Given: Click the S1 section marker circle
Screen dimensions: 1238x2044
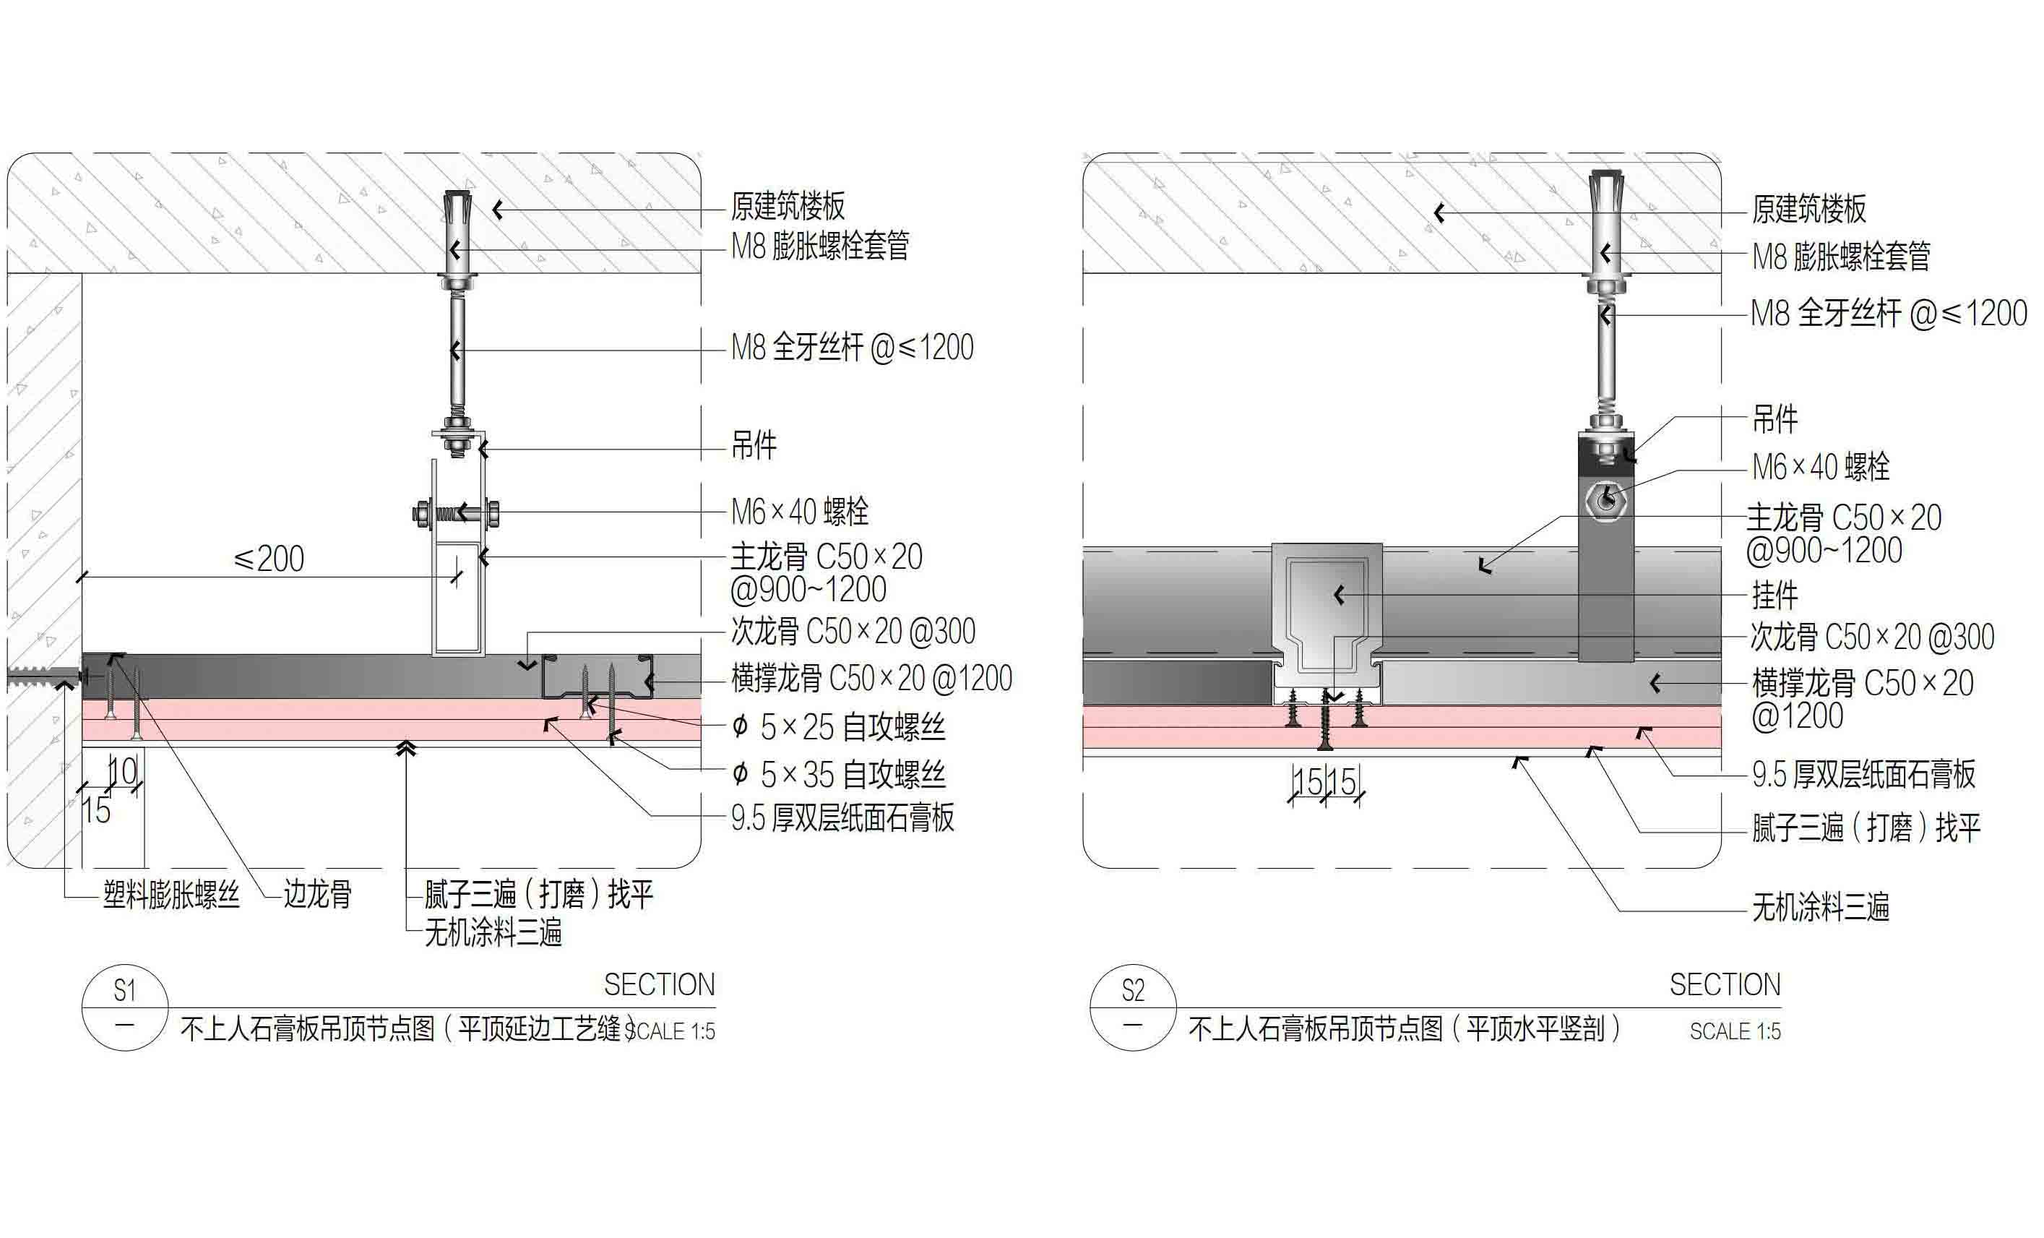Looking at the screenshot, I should click(x=124, y=1007).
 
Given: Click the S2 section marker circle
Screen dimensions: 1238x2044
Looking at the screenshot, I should click(x=1132, y=1007).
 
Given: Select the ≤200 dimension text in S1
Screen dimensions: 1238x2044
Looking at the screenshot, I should click(x=269, y=559).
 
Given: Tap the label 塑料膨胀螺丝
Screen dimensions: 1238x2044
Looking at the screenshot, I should click(x=171, y=895).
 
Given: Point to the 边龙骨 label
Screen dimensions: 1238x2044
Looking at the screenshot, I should click(x=318, y=895).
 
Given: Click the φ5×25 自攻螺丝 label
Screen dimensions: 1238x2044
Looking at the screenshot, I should click(x=839, y=727).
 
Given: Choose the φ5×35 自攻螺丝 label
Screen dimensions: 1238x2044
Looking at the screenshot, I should click(x=839, y=775).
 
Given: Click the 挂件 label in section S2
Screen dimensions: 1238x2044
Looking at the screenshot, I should click(x=1775, y=596).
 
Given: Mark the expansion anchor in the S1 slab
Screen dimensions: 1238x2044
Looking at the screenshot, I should click(x=457, y=236).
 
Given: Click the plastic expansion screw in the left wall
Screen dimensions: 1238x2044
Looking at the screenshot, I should click(x=41, y=676).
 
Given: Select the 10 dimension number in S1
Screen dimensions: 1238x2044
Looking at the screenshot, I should click(x=124, y=772).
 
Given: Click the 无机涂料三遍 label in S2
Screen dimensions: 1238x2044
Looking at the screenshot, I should click(x=1820, y=907).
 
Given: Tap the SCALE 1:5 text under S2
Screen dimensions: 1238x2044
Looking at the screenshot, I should click(x=1735, y=1031).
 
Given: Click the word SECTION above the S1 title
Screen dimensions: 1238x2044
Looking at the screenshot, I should click(x=659, y=985).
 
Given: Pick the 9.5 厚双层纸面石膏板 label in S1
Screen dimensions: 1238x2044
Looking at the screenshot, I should click(x=842, y=818).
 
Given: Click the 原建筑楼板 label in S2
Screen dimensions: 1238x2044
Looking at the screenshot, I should click(x=1808, y=209).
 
